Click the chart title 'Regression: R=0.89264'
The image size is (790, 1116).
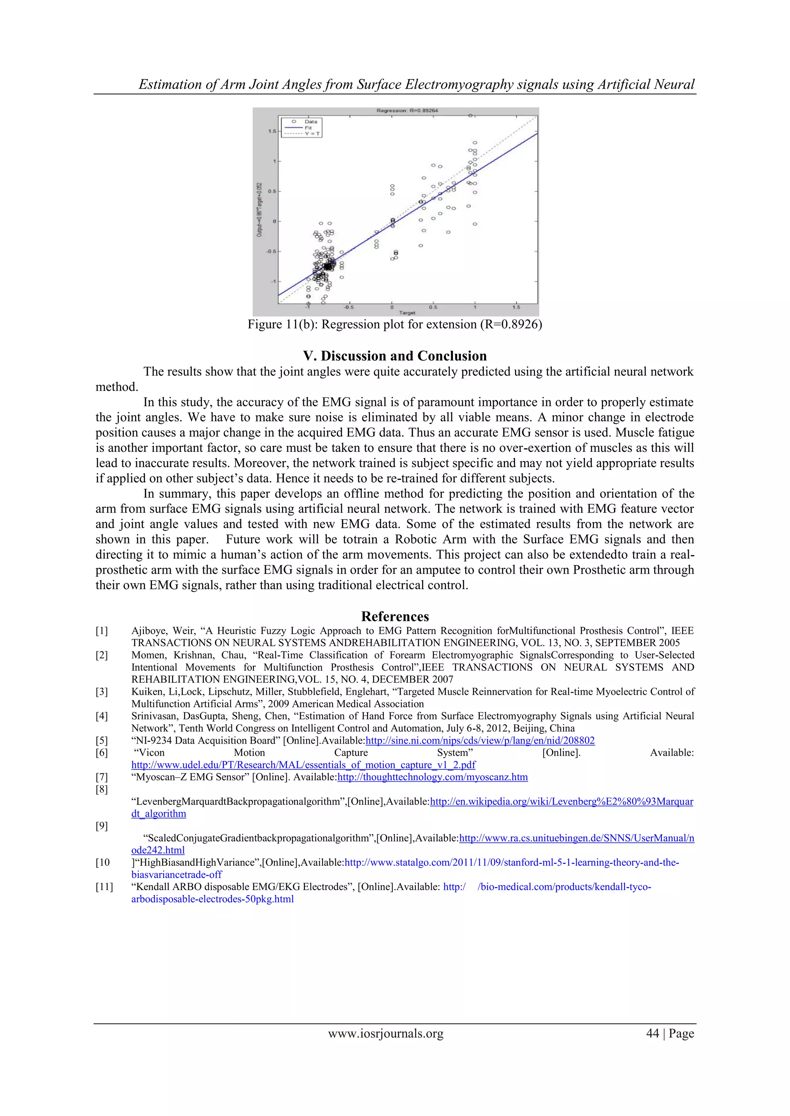point(407,110)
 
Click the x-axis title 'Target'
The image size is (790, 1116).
point(407,313)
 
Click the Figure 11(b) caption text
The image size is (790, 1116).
point(395,324)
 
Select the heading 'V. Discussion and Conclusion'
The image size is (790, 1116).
point(395,356)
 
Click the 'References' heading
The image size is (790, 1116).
point(395,616)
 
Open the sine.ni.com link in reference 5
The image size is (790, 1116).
point(479,740)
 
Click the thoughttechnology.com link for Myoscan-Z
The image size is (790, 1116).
point(432,777)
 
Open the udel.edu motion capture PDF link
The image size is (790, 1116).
point(303,764)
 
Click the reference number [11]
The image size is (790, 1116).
point(104,887)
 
